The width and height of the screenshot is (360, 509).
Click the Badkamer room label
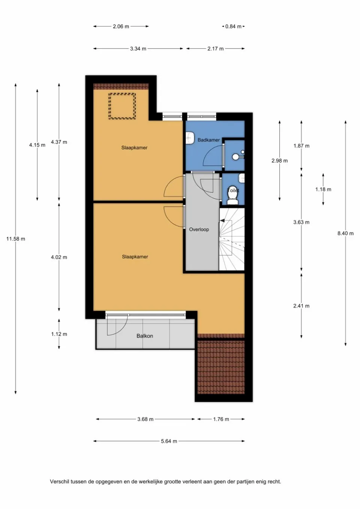(x=208, y=140)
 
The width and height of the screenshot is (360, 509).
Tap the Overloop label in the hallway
(x=199, y=229)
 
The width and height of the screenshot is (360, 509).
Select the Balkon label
(x=145, y=336)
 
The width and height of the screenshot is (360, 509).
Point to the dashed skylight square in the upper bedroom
(x=122, y=106)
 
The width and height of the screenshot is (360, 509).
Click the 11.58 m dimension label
(x=16, y=239)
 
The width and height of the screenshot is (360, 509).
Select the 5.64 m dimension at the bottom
(x=169, y=441)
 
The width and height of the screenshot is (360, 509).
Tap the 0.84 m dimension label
(x=233, y=27)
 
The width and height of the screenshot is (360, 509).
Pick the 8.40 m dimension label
(x=345, y=233)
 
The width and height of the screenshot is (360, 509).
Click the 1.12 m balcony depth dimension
(x=59, y=334)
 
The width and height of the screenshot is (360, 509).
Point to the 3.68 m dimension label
(x=145, y=419)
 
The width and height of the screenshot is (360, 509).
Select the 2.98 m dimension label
(x=280, y=160)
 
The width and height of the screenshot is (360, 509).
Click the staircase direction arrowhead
(x=222, y=221)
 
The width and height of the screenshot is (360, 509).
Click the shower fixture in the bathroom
(x=236, y=156)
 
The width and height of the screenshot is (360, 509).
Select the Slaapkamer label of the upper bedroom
(x=134, y=148)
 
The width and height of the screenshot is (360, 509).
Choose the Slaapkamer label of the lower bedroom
(x=135, y=257)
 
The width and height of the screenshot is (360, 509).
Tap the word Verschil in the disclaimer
(x=59, y=482)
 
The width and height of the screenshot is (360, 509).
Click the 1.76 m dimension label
(x=221, y=419)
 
